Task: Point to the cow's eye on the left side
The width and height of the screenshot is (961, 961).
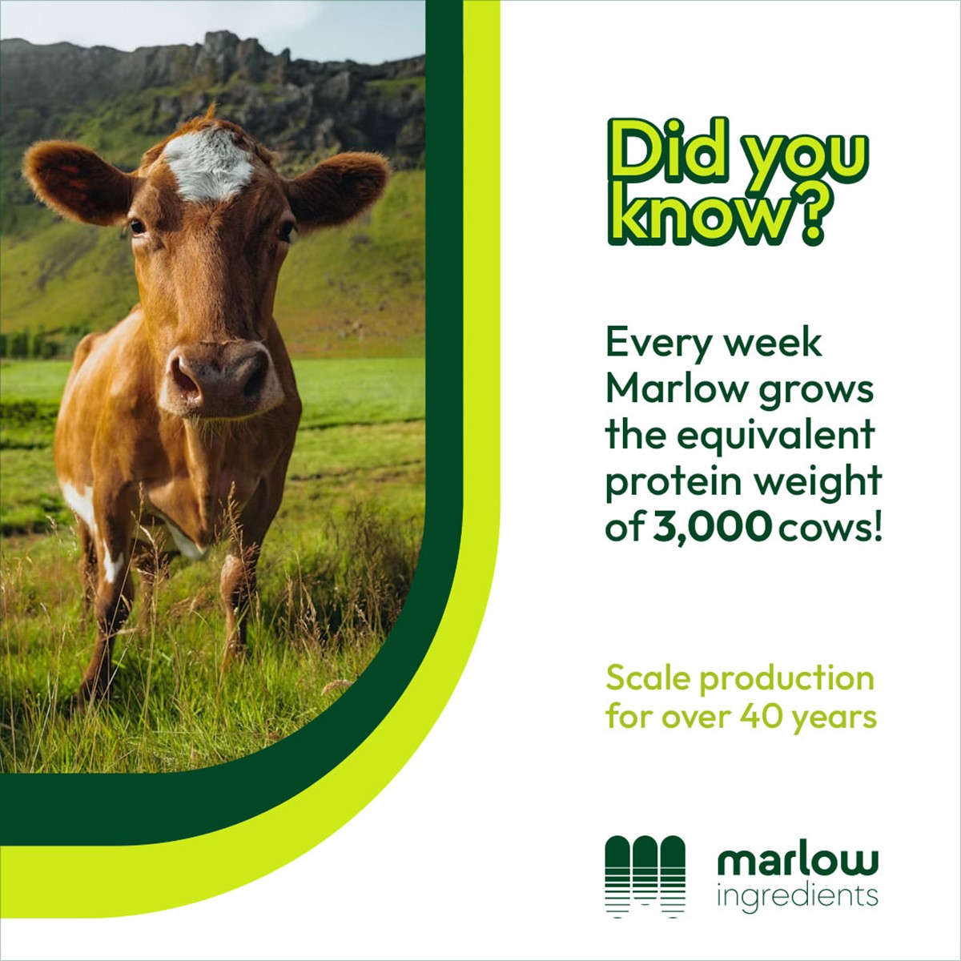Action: coord(137,227)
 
